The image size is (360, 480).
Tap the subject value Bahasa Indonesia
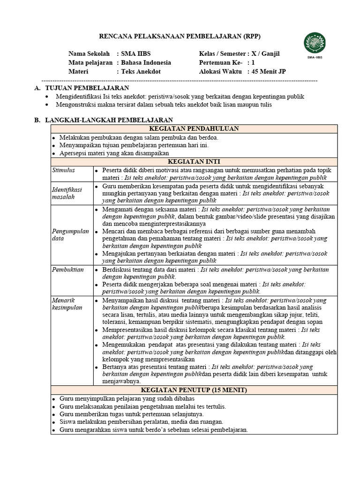click(x=146, y=63)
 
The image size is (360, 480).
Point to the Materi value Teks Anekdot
click(x=141, y=72)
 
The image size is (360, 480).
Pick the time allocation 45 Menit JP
click(x=269, y=72)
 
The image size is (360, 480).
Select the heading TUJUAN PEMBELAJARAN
click(x=87, y=88)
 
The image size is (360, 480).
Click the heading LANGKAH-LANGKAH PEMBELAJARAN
click(x=109, y=120)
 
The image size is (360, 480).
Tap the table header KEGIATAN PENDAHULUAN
click(x=194, y=129)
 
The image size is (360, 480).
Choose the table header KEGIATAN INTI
click(x=194, y=161)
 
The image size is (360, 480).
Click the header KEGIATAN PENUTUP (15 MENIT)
click(x=194, y=390)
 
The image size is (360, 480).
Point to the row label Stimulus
click(x=63, y=170)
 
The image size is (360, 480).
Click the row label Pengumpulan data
click(x=70, y=235)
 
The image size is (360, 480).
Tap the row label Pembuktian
click(x=68, y=270)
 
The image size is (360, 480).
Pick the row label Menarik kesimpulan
click(x=67, y=304)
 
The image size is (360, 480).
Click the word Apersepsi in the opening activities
click(x=73, y=153)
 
